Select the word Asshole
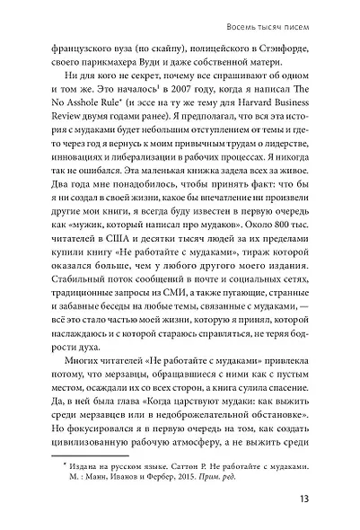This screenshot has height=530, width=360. [90, 127]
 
